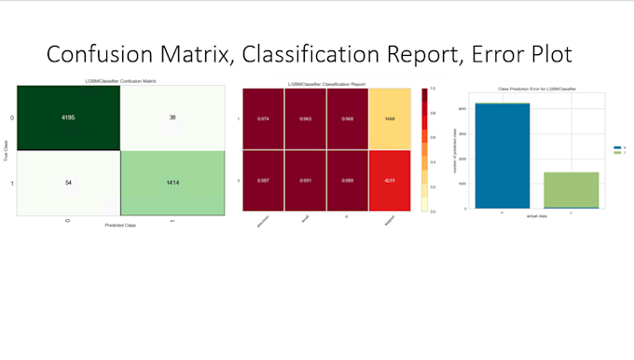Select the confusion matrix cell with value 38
[x=172, y=118]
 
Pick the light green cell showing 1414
[x=172, y=184]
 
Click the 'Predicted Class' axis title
[x=120, y=227]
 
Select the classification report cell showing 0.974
[x=262, y=119]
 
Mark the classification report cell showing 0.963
[x=304, y=119]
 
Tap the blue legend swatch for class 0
[x=616, y=148]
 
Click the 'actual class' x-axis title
[x=535, y=218]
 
